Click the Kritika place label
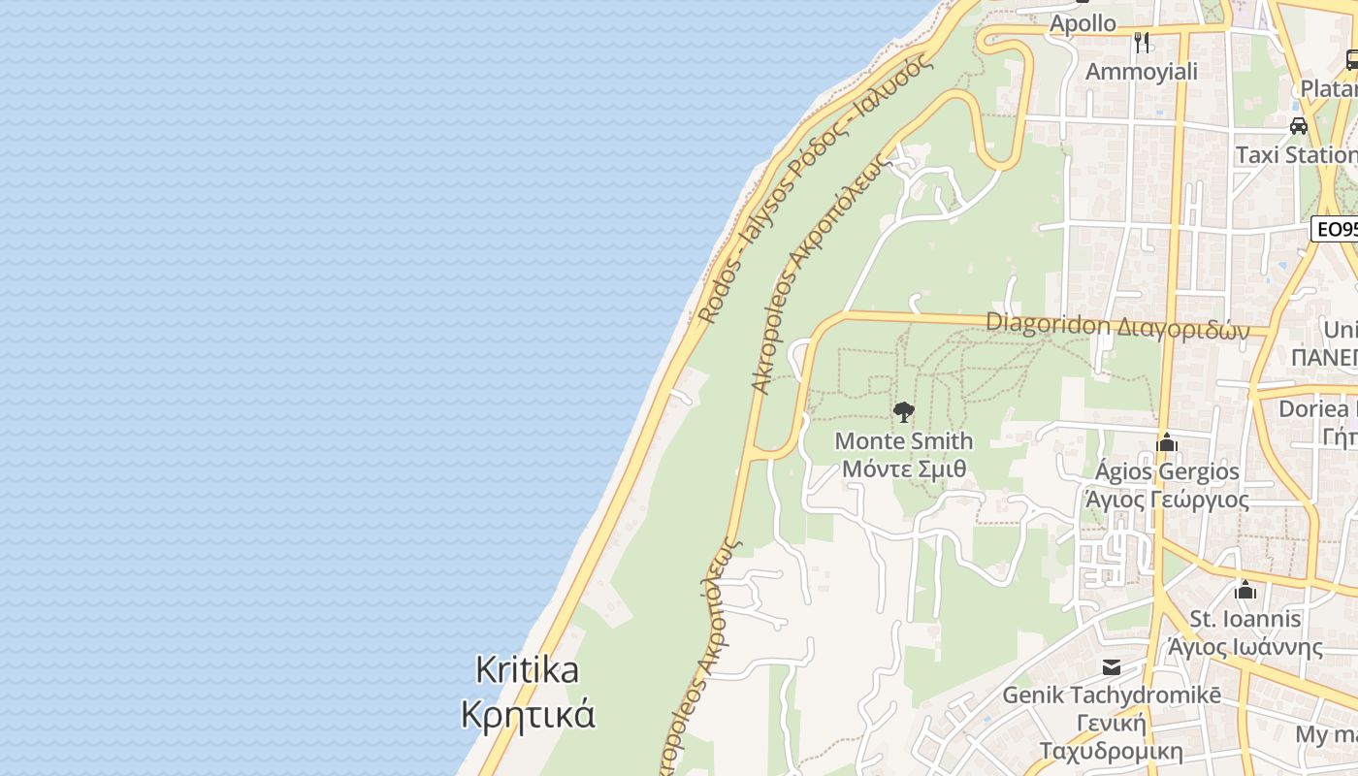click(528, 670)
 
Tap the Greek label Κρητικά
click(528, 715)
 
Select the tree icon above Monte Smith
click(904, 412)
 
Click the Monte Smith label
click(904, 441)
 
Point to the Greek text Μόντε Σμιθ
click(904, 469)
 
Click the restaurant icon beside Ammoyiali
click(1142, 43)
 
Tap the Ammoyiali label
click(1142, 72)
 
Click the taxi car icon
click(1299, 126)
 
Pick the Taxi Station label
click(1296, 155)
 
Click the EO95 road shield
click(1336, 230)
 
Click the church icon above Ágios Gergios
click(1167, 443)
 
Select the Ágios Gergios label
click(1167, 472)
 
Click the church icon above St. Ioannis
click(1245, 590)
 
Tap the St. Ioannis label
click(1245, 619)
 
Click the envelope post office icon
click(1112, 667)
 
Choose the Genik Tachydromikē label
click(1112, 695)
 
